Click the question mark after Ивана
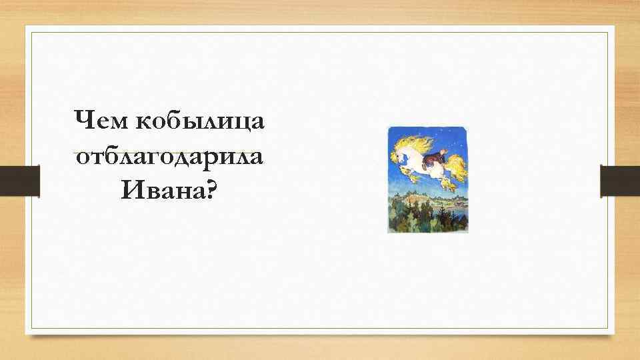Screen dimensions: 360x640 click(x=211, y=193)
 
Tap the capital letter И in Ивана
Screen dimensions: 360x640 click(x=131, y=193)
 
